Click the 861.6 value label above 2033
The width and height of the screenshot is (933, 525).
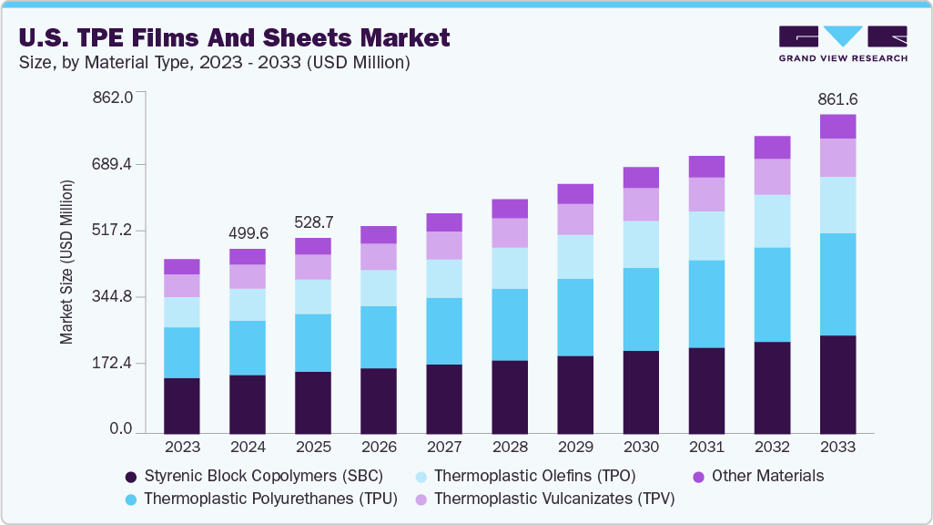pyautogui.click(x=837, y=98)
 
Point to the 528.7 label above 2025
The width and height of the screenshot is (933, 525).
pyautogui.click(x=313, y=221)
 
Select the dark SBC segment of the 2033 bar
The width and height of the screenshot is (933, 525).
pyautogui.click(x=837, y=385)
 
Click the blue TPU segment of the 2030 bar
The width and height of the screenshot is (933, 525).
pyautogui.click(x=641, y=309)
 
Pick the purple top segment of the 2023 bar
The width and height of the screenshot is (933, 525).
pyautogui.click(x=182, y=266)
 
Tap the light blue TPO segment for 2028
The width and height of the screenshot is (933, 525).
pyautogui.click(x=510, y=268)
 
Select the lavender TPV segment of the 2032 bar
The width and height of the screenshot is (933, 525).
pyautogui.click(x=772, y=177)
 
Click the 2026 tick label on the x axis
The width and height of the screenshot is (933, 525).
pyautogui.click(x=379, y=448)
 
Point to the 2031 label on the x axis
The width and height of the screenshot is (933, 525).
pyautogui.click(x=706, y=448)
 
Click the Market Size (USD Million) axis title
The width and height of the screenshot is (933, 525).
pyautogui.click(x=66, y=262)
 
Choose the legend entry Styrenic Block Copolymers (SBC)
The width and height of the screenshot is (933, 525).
pyautogui.click(x=253, y=476)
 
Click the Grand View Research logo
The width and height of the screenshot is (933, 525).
pyautogui.click(x=842, y=43)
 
